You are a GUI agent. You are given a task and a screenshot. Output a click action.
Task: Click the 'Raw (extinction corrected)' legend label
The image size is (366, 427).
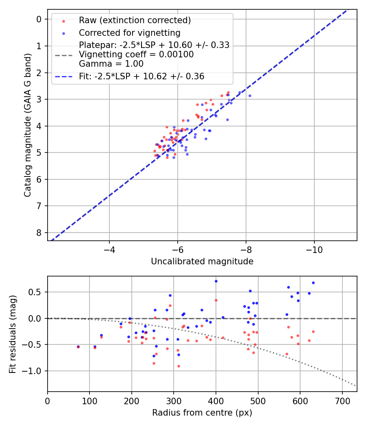[135, 20]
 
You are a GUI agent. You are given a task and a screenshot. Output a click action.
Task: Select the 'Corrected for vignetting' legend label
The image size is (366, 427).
[129, 33]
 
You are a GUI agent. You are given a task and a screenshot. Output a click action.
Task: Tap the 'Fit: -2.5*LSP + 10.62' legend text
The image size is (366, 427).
[142, 76]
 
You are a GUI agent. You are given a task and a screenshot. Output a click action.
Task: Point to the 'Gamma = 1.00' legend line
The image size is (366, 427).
[111, 63]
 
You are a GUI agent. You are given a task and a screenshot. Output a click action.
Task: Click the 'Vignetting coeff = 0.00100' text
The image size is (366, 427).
[136, 54]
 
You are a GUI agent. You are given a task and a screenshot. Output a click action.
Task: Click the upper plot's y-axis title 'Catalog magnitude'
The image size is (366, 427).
[27, 124]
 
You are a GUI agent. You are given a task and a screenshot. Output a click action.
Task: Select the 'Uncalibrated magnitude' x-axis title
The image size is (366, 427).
[202, 261]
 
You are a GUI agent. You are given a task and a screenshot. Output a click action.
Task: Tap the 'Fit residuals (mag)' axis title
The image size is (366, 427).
[13, 333]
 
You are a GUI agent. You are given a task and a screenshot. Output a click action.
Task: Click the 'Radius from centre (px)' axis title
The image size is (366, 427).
[202, 413]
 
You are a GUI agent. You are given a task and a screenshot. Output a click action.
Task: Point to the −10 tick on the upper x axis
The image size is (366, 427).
[314, 249]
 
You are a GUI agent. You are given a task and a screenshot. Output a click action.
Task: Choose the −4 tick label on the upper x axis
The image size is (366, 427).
[109, 249]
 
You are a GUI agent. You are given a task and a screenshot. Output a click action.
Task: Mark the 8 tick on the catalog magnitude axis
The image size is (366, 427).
[39, 233]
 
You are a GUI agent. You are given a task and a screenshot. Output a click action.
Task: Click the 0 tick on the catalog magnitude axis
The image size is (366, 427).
[39, 19]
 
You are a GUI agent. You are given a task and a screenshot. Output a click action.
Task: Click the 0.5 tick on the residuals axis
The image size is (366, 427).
[37, 292]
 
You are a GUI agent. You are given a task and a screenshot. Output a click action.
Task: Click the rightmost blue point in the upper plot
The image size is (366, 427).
[250, 96]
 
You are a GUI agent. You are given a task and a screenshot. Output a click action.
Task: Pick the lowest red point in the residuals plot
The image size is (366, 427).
[178, 366]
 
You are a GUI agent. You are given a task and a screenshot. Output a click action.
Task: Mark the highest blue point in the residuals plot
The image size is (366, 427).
[216, 281]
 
